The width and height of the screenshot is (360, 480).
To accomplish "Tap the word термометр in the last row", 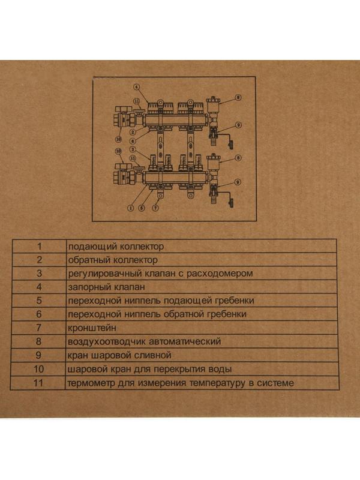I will [91, 383].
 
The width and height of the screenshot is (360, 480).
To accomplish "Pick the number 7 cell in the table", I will [40, 328].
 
